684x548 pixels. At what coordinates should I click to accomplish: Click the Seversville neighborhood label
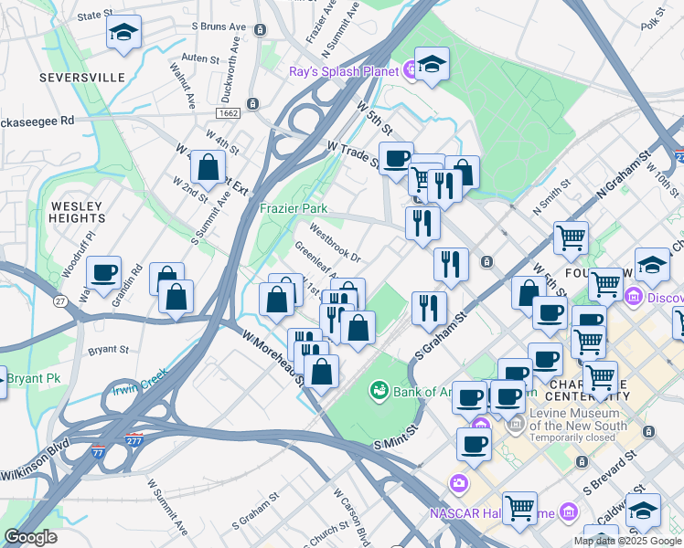(x=82, y=78)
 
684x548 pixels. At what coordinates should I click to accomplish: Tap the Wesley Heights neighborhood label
(x=78, y=213)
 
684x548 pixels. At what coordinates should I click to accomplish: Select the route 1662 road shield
(x=229, y=112)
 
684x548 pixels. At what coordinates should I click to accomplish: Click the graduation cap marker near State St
(x=123, y=34)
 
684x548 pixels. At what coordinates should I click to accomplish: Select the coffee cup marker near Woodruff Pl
(x=103, y=273)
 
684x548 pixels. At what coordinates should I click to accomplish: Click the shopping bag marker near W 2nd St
(x=208, y=169)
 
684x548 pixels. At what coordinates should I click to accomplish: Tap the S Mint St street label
(x=395, y=437)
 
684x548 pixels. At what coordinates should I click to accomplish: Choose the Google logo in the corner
(x=30, y=538)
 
